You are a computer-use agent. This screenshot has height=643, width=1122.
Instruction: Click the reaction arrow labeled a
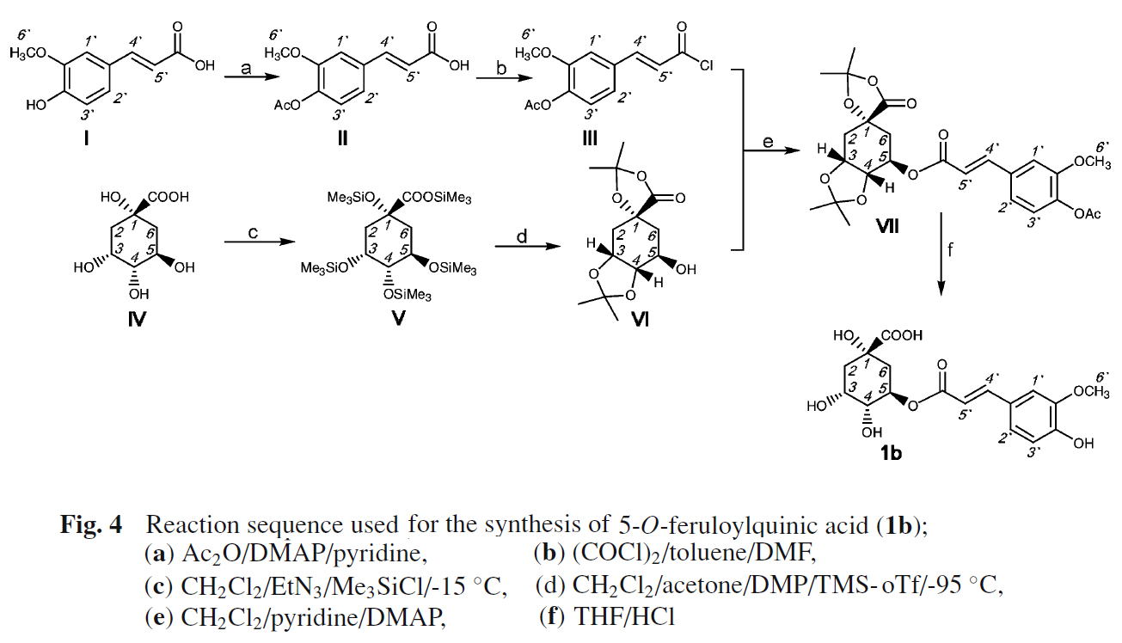[x=245, y=78]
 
